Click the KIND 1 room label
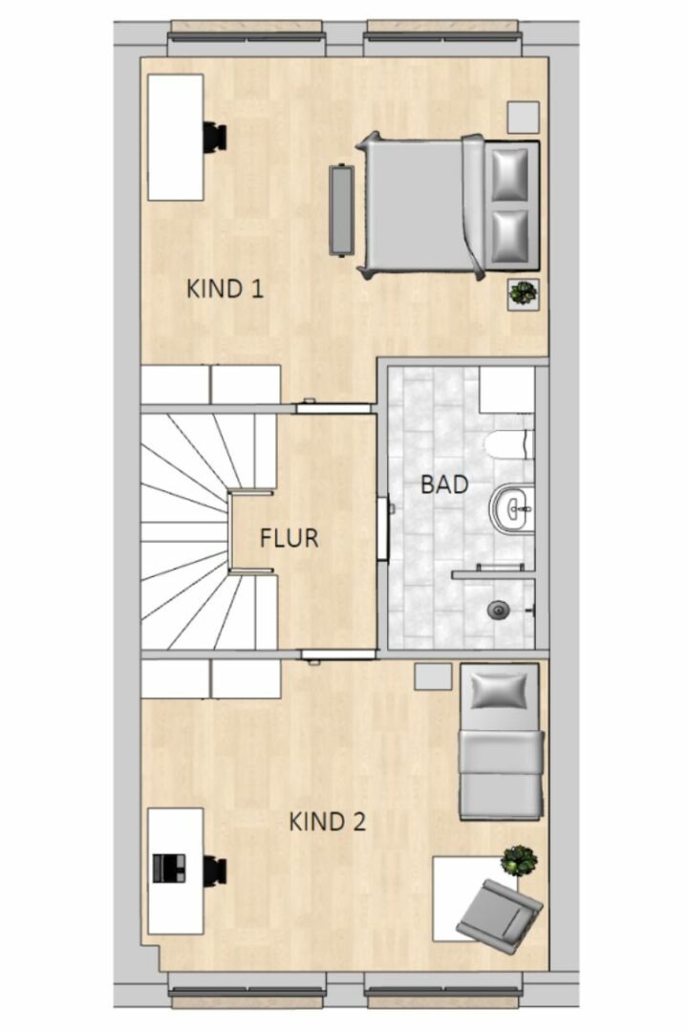pyautogui.click(x=226, y=289)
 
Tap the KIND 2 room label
pyautogui.click(x=327, y=822)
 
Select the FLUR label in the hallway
pyautogui.click(x=289, y=538)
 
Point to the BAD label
pyautogui.click(x=444, y=485)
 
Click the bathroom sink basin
pyautogui.click(x=511, y=507)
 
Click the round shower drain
pyautogui.click(x=499, y=610)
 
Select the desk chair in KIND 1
pyautogui.click(x=215, y=137)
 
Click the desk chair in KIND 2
pyautogui.click(x=215, y=871)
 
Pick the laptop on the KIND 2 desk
pyautogui.click(x=169, y=868)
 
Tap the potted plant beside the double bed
pyautogui.click(x=524, y=293)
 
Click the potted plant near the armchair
pyautogui.click(x=520, y=861)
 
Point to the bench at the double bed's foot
pyautogui.click(x=342, y=208)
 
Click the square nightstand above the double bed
pyautogui.click(x=524, y=118)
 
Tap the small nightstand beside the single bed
pyautogui.click(x=433, y=676)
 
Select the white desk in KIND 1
pyautogui.click(x=175, y=137)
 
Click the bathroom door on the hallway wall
pyautogui.click(x=382, y=529)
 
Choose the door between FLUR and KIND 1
pyautogui.click(x=333, y=408)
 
